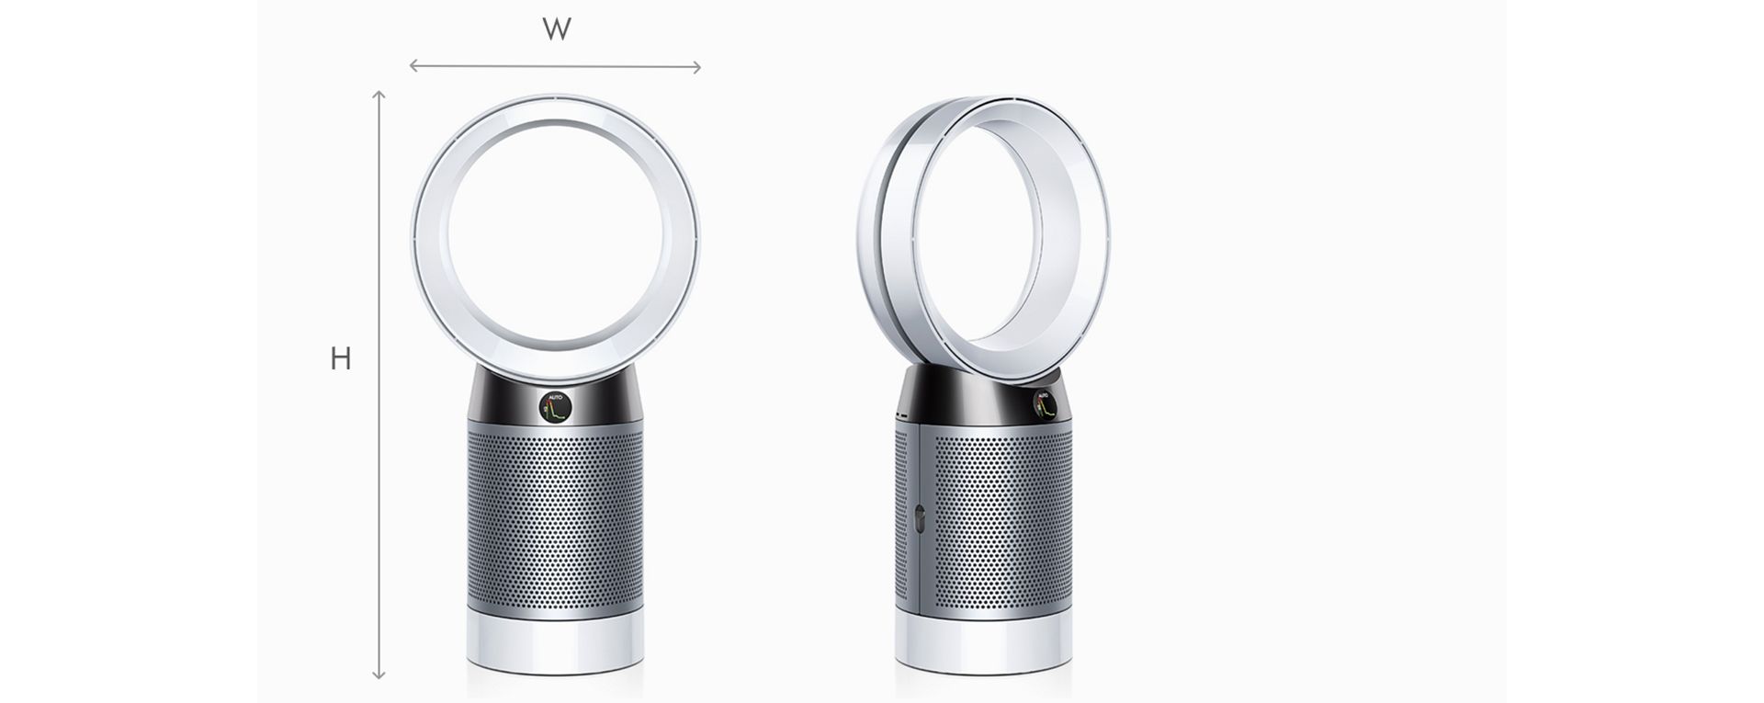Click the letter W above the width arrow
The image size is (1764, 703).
(557, 30)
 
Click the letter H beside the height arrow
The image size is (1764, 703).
(341, 359)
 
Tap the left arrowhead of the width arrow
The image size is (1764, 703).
(413, 65)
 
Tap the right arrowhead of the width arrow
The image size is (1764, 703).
(697, 66)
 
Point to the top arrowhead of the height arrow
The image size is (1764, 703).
(379, 95)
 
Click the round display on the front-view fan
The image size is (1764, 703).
(554, 405)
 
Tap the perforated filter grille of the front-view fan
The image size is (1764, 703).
(554, 515)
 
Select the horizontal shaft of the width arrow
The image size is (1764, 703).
(555, 66)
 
